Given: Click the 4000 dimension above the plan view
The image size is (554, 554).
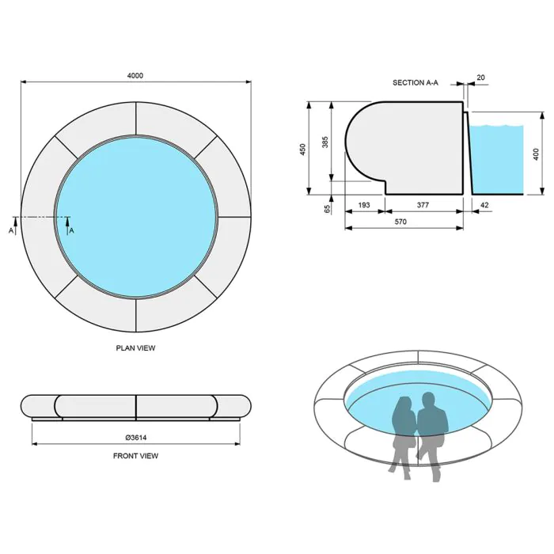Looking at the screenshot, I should coord(135,75).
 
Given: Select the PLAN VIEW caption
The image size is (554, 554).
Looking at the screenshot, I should coord(135,347).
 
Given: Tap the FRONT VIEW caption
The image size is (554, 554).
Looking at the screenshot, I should coord(135,456).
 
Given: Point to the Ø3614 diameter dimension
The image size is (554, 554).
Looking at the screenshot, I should coord(135,438).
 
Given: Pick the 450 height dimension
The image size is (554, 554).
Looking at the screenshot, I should coord(303,149).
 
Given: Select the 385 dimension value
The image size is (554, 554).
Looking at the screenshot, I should coord(324,142).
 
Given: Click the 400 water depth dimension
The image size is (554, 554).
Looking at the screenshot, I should coord(536,153).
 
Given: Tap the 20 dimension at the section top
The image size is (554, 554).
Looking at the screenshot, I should coord(481,78).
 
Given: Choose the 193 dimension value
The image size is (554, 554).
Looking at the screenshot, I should coord(364,205).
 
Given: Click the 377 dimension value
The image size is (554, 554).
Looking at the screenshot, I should coord(423,205).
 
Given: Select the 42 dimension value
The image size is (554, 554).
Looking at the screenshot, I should coord(484,205).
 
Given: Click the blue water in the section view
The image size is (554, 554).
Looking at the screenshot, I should coord(499,162).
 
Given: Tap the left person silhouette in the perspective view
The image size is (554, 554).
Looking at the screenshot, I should coord(402,431).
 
